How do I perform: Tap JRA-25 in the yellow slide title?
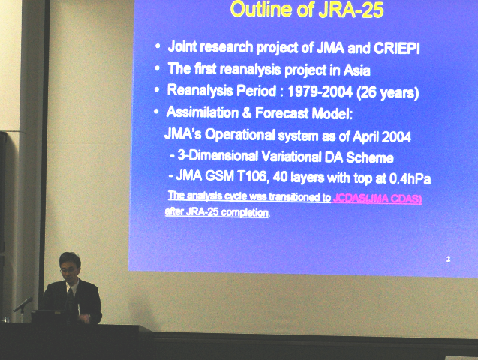[351, 10]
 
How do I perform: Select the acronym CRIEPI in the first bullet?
[397, 49]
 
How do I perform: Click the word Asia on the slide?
[357, 70]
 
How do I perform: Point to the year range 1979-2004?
[320, 91]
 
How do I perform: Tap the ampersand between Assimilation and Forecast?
[246, 112]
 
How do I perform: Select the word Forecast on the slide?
[281, 113]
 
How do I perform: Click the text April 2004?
[382, 136]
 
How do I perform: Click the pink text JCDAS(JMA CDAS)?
[377, 199]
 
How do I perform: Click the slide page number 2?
[448, 259]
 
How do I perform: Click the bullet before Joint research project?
[158, 46]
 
